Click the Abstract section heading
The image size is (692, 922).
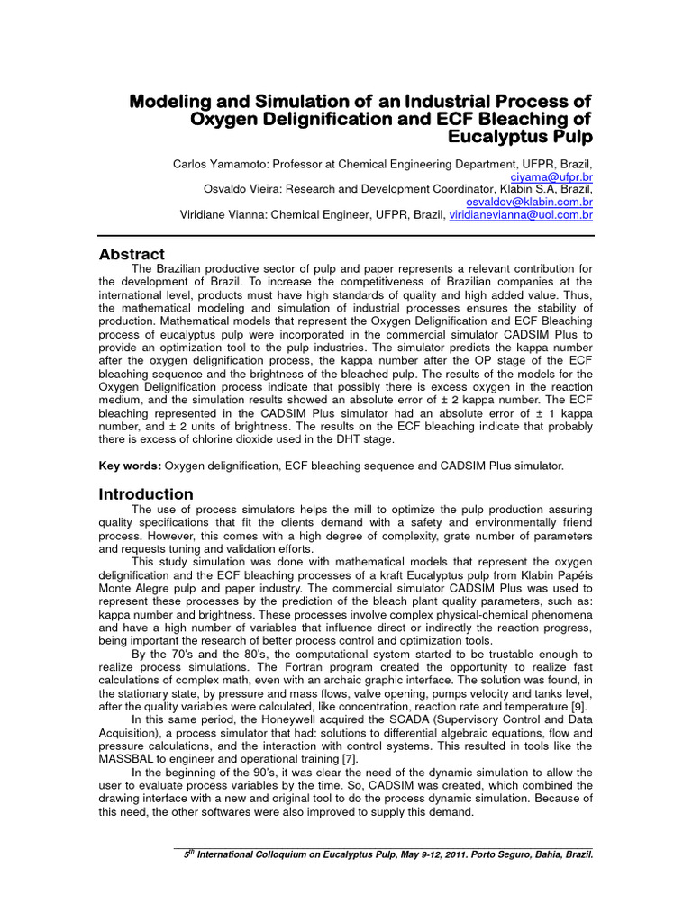pyautogui.click(x=132, y=255)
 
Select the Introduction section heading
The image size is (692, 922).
pyautogui.click(x=145, y=494)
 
